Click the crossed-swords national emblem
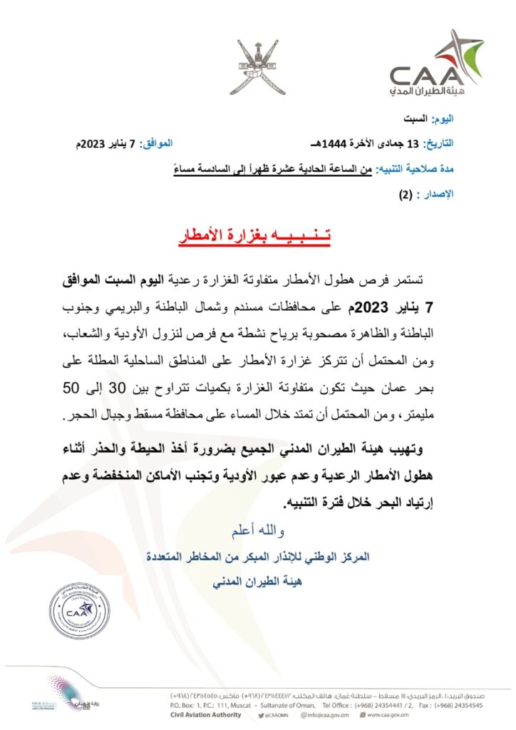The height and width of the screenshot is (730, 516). (258, 65)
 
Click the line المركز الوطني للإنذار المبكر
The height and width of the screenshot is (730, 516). (258, 557)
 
